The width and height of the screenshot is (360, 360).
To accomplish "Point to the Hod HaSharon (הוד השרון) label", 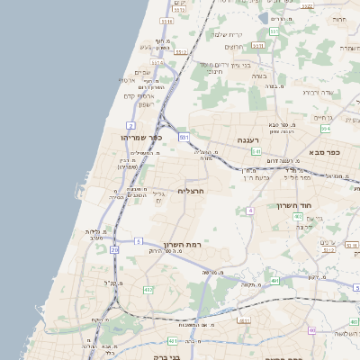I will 293,206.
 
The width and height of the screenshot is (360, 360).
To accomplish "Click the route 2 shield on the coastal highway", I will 131,124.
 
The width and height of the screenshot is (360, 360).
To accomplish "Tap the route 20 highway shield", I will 114,249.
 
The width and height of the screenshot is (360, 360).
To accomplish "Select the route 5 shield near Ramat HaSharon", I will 139,241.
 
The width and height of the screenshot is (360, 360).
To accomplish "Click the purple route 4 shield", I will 249,211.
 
